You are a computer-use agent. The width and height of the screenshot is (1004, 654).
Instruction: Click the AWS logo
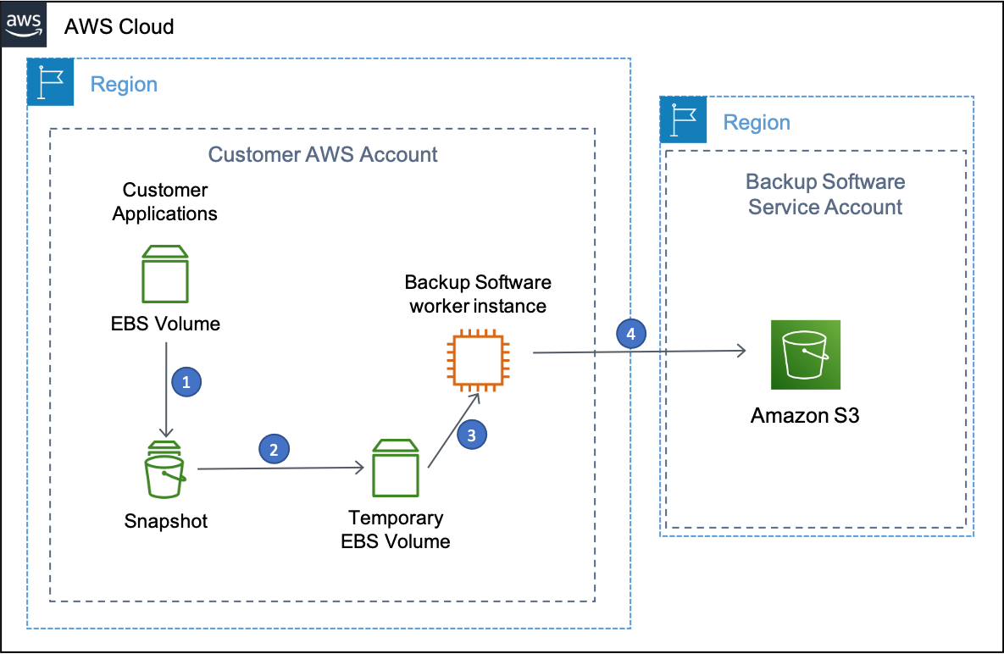point(24,24)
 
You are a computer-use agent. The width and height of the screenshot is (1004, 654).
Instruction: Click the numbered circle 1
point(186,382)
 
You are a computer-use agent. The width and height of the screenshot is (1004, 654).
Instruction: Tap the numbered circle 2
point(274,450)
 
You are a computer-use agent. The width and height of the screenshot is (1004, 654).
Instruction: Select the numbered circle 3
point(472,435)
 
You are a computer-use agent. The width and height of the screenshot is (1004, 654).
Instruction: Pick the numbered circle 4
point(630,334)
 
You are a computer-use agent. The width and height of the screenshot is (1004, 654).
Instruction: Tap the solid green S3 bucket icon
point(806,354)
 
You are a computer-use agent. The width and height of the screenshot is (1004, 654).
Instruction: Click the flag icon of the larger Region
point(51,82)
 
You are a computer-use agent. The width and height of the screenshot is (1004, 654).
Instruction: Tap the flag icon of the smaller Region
point(684,119)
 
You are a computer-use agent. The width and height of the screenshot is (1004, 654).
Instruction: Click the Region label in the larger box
point(124,85)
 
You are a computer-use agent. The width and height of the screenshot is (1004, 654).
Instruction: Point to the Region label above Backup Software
point(757,123)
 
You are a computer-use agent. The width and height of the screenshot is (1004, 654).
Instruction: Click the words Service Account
point(825,208)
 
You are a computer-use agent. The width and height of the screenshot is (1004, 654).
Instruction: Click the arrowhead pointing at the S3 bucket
point(742,351)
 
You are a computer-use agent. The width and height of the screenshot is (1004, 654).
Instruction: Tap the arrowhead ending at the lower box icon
point(360,467)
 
